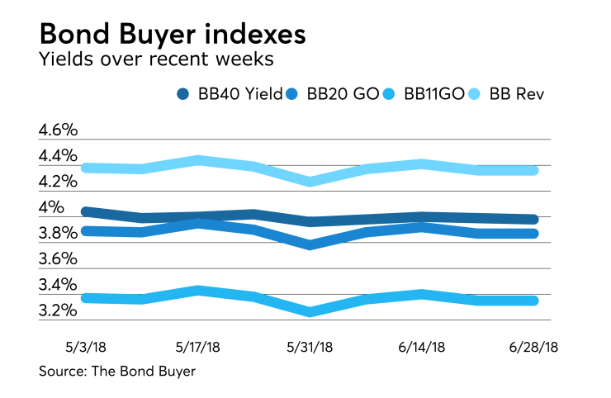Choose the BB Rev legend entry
pyautogui.click(x=514, y=94)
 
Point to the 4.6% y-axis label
pyautogui.click(x=58, y=130)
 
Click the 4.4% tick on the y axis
pyautogui.click(x=58, y=156)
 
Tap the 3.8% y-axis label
pyautogui.click(x=58, y=234)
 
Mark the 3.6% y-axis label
pyautogui.click(x=58, y=259)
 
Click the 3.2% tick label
pyautogui.click(x=58, y=311)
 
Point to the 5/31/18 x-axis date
pyautogui.click(x=310, y=348)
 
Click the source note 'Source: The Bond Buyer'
pyautogui.click(x=117, y=372)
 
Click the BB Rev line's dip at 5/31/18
pyautogui.click(x=310, y=181)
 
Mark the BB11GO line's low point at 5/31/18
pyautogui.click(x=310, y=311)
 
